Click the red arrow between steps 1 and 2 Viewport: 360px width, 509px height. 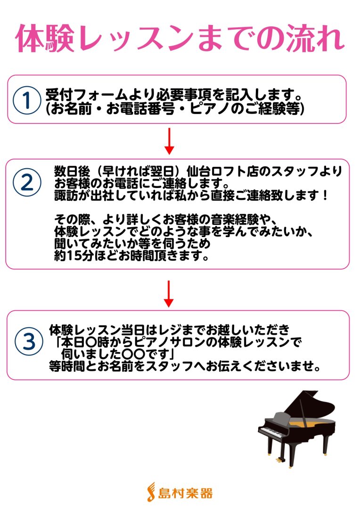click(169, 141)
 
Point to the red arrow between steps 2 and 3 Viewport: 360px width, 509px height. click(169, 294)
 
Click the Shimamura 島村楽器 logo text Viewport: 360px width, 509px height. click(185, 493)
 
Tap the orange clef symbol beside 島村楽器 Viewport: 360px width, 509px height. click(151, 492)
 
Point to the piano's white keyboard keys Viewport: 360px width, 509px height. click(271, 431)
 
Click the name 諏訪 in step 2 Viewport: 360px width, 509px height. click(66, 196)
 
